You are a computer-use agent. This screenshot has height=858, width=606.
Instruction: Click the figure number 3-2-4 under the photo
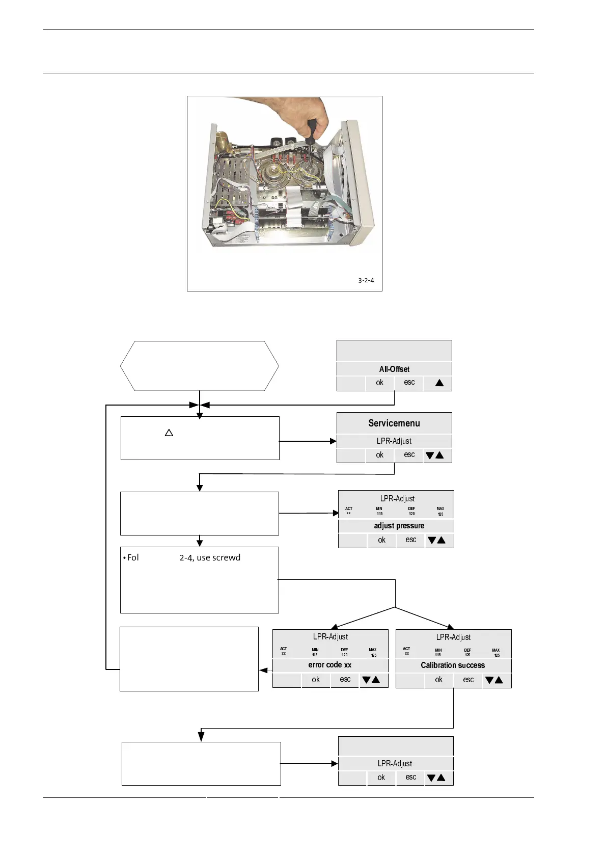[x=366, y=280]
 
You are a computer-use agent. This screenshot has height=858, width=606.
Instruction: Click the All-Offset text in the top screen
[x=394, y=369]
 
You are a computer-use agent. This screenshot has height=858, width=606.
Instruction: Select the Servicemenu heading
[x=394, y=423]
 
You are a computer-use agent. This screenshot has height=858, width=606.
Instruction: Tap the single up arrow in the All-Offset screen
[x=439, y=383]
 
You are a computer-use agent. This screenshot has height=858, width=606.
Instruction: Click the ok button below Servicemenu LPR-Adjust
[x=379, y=455]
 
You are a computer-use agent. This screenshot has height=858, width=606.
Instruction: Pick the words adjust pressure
[x=399, y=526]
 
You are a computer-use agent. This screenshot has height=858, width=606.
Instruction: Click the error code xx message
[x=329, y=665]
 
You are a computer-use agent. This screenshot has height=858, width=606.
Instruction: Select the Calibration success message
[x=453, y=665]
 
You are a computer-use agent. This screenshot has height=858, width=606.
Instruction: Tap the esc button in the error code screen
[x=345, y=679]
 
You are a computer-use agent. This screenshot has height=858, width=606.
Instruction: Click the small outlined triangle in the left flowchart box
[x=169, y=433]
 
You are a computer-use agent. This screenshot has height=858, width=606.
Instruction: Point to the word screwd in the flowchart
[x=226, y=557]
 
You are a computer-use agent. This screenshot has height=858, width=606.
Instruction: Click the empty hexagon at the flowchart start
[x=200, y=366]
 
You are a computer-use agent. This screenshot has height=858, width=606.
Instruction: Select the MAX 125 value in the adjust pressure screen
[x=440, y=511]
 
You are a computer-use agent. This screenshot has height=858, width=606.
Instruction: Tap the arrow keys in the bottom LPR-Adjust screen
[x=436, y=777]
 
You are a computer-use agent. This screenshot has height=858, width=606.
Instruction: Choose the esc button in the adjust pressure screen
[x=411, y=540]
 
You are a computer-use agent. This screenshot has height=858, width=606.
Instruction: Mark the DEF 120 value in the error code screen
[x=344, y=652]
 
